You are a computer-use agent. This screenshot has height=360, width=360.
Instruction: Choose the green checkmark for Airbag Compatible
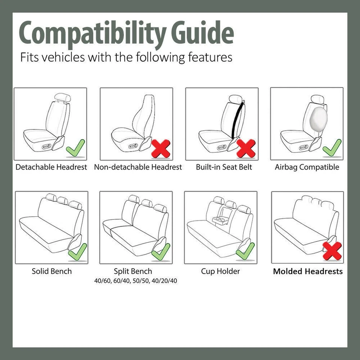332,148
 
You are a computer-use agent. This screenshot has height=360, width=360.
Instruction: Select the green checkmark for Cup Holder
246,250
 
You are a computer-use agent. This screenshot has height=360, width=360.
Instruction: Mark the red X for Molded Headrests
332,251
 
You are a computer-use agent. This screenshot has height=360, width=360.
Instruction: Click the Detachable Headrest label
51,167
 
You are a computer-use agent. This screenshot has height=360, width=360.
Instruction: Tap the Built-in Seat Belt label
224,167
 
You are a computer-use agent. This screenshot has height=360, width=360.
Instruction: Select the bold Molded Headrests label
307,271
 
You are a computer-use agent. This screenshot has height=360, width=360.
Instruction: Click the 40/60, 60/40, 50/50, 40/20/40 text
135,281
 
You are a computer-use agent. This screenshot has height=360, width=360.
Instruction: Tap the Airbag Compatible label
307,167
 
